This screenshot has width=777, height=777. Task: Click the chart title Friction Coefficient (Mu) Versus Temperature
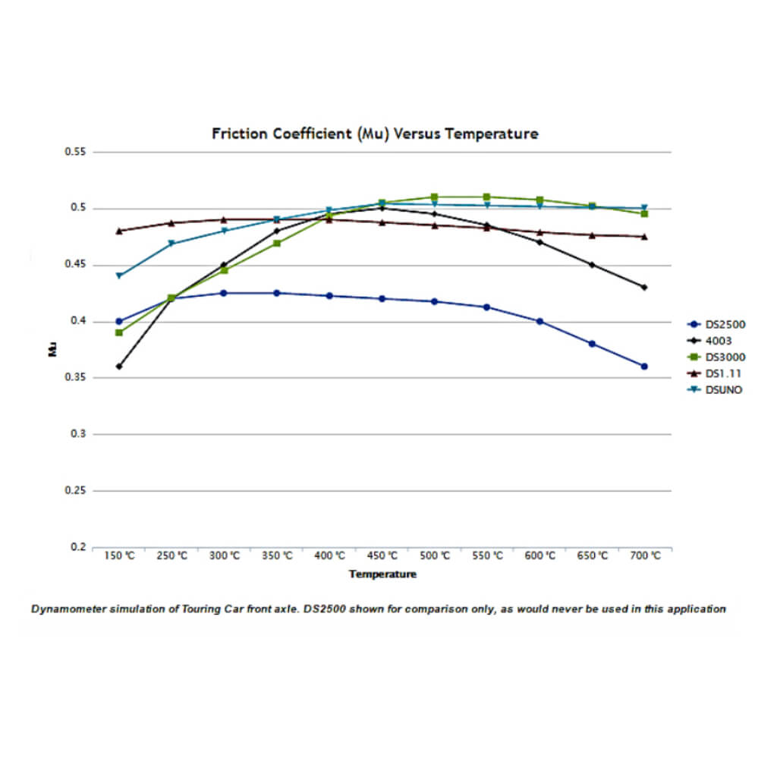pyautogui.click(x=375, y=134)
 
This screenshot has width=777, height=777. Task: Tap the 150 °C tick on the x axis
pyautogui.click(x=118, y=556)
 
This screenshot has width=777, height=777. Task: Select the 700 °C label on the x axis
pyautogui.click(x=645, y=556)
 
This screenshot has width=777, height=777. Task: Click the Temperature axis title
pyautogui.click(x=382, y=574)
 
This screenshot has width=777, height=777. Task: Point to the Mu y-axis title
pyautogui.click(x=52, y=350)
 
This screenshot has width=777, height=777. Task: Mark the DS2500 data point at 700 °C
pyautogui.click(x=644, y=366)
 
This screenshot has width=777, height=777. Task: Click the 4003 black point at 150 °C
pyautogui.click(x=119, y=366)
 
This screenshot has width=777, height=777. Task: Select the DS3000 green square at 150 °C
pyautogui.click(x=119, y=332)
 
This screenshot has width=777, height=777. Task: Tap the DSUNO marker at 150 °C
pyautogui.click(x=119, y=275)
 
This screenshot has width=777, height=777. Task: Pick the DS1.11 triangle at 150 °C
pyautogui.click(x=119, y=231)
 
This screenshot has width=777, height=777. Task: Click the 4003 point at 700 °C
pyautogui.click(x=644, y=288)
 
